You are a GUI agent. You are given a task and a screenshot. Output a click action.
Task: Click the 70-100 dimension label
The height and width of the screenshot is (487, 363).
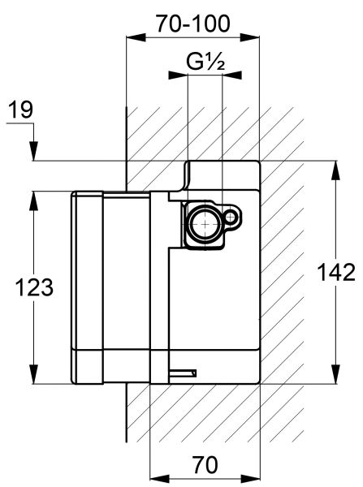pyautogui.click(x=193, y=24)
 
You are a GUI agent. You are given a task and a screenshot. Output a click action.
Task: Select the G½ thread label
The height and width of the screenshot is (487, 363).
pyautogui.click(x=205, y=62)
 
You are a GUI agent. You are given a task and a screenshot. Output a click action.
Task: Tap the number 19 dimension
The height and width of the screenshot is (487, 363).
pyautogui.click(x=20, y=110)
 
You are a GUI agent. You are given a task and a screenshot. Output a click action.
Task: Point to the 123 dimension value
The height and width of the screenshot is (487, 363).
pyautogui.click(x=34, y=287)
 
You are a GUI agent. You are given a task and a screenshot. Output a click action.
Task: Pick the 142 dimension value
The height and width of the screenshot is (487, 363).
pyautogui.click(x=336, y=273)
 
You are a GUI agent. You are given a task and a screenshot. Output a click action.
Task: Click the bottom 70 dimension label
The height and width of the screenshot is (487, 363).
pyautogui.click(x=205, y=464)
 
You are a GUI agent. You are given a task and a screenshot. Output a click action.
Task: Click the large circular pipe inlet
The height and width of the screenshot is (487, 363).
pyautogui.click(x=204, y=224)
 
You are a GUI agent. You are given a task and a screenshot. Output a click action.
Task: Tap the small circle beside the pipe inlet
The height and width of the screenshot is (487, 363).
pyautogui.click(x=231, y=217)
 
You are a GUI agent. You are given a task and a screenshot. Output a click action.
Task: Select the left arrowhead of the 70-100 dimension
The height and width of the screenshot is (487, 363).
pyautogui.click(x=136, y=37)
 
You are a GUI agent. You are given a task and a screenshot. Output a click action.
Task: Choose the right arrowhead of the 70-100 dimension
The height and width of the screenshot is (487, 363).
pyautogui.click(x=250, y=37)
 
